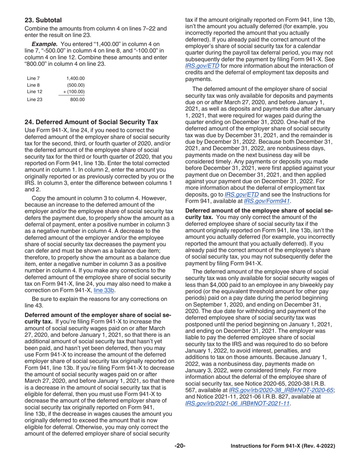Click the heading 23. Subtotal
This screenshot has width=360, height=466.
pos(43,20)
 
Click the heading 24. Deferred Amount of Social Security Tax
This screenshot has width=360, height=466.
pos(91,122)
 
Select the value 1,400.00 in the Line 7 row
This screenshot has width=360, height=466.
pos(75,78)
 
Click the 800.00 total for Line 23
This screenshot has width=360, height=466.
pos(77,100)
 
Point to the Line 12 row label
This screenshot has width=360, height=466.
pos(34,92)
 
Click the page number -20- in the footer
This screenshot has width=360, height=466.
pos(180,446)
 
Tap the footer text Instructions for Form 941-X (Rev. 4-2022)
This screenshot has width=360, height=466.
pos(283,446)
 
